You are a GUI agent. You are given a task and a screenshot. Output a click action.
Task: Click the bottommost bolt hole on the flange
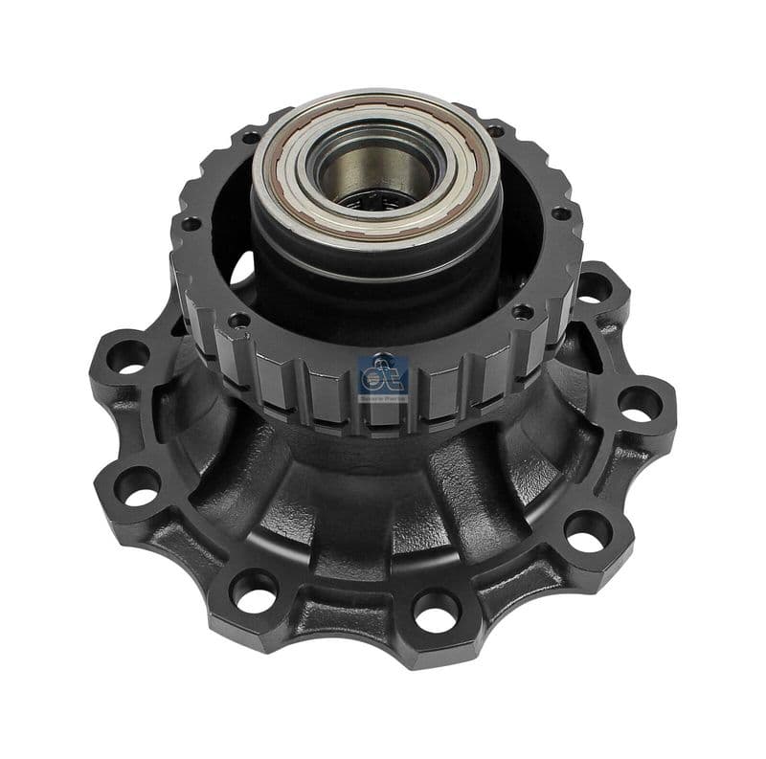tap(436, 609)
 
